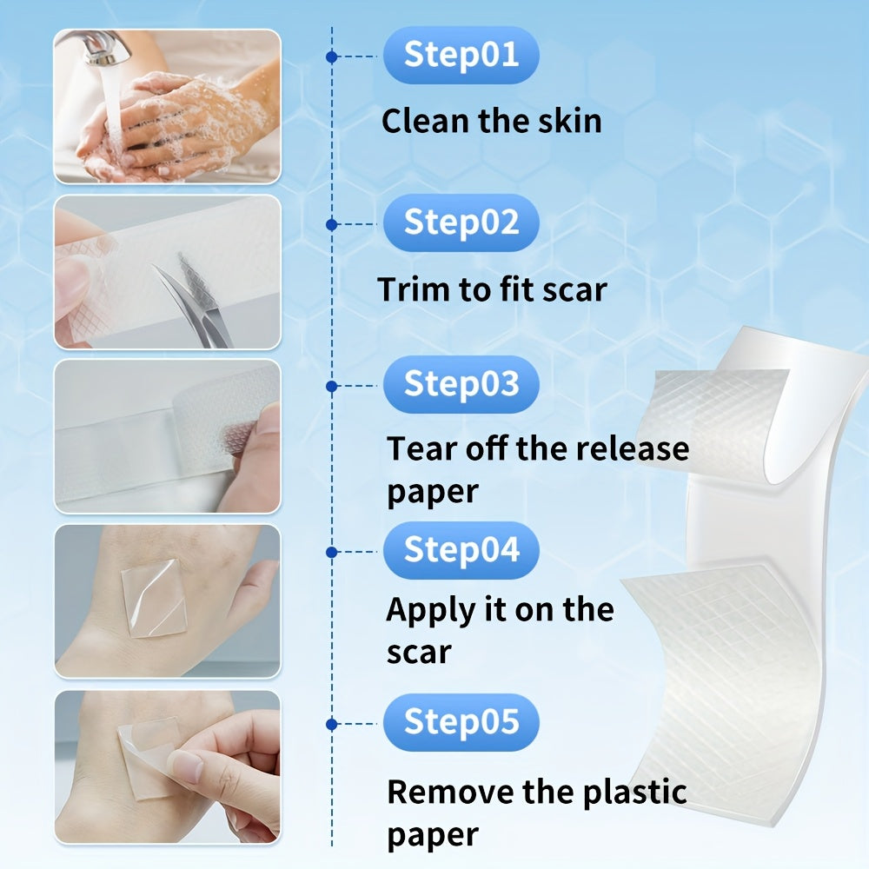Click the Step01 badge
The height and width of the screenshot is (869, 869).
[x=461, y=56]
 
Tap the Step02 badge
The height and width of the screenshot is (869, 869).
[x=461, y=223]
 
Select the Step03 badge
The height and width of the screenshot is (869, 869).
[x=461, y=385]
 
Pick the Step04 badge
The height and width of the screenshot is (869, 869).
[x=461, y=550]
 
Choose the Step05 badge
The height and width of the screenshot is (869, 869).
[x=461, y=723]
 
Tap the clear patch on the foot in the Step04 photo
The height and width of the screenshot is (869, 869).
[x=154, y=598]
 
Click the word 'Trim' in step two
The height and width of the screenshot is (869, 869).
[x=414, y=289]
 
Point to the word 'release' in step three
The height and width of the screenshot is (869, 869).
[x=633, y=448]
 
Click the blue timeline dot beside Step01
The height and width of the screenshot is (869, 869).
[x=332, y=56]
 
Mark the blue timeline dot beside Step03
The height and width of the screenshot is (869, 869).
[x=332, y=387]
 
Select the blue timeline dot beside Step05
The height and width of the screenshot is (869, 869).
[x=332, y=725]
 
